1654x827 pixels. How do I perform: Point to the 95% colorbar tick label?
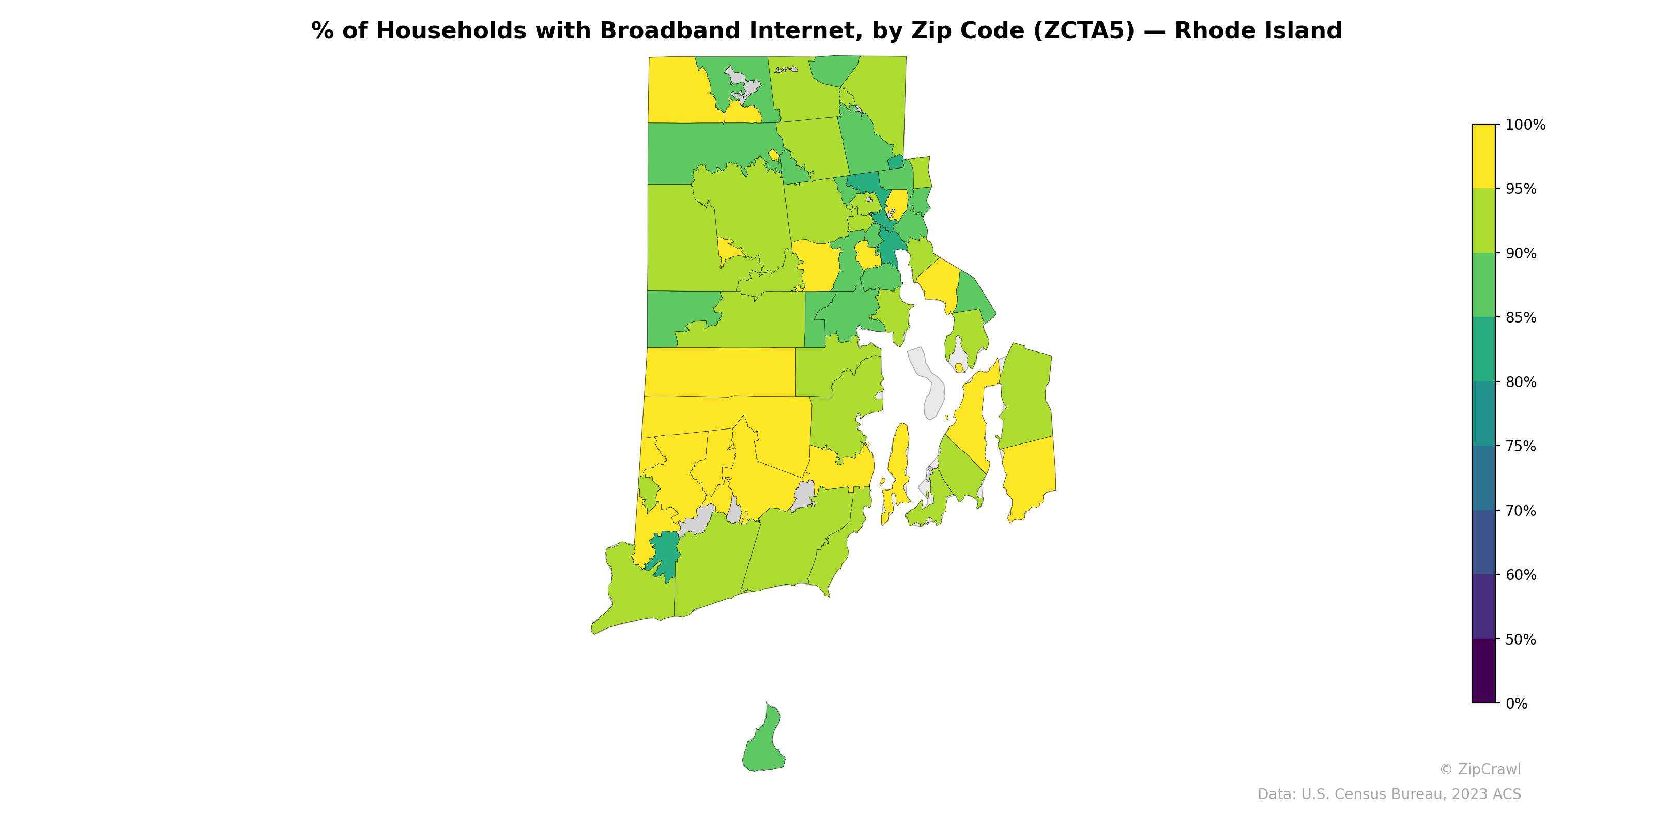pyautogui.click(x=1521, y=189)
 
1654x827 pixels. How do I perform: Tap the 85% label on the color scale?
pyautogui.click(x=1521, y=318)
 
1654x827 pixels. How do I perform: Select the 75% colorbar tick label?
pyautogui.click(x=1521, y=446)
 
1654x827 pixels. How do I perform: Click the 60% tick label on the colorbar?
pyautogui.click(x=1521, y=575)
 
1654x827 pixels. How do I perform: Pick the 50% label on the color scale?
pyautogui.click(x=1521, y=639)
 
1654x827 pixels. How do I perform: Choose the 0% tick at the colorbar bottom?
pyautogui.click(x=1516, y=703)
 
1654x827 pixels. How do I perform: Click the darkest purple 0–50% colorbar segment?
pyautogui.click(x=1483, y=671)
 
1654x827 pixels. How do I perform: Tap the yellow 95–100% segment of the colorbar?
pyautogui.click(x=1483, y=156)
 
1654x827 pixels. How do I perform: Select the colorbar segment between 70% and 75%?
pyautogui.click(x=1483, y=478)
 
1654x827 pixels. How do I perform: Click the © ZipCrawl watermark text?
pyautogui.click(x=1480, y=769)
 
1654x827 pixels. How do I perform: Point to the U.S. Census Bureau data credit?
pyautogui.click(x=1389, y=794)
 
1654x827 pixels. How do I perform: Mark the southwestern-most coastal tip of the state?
pyautogui.click(x=593, y=632)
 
